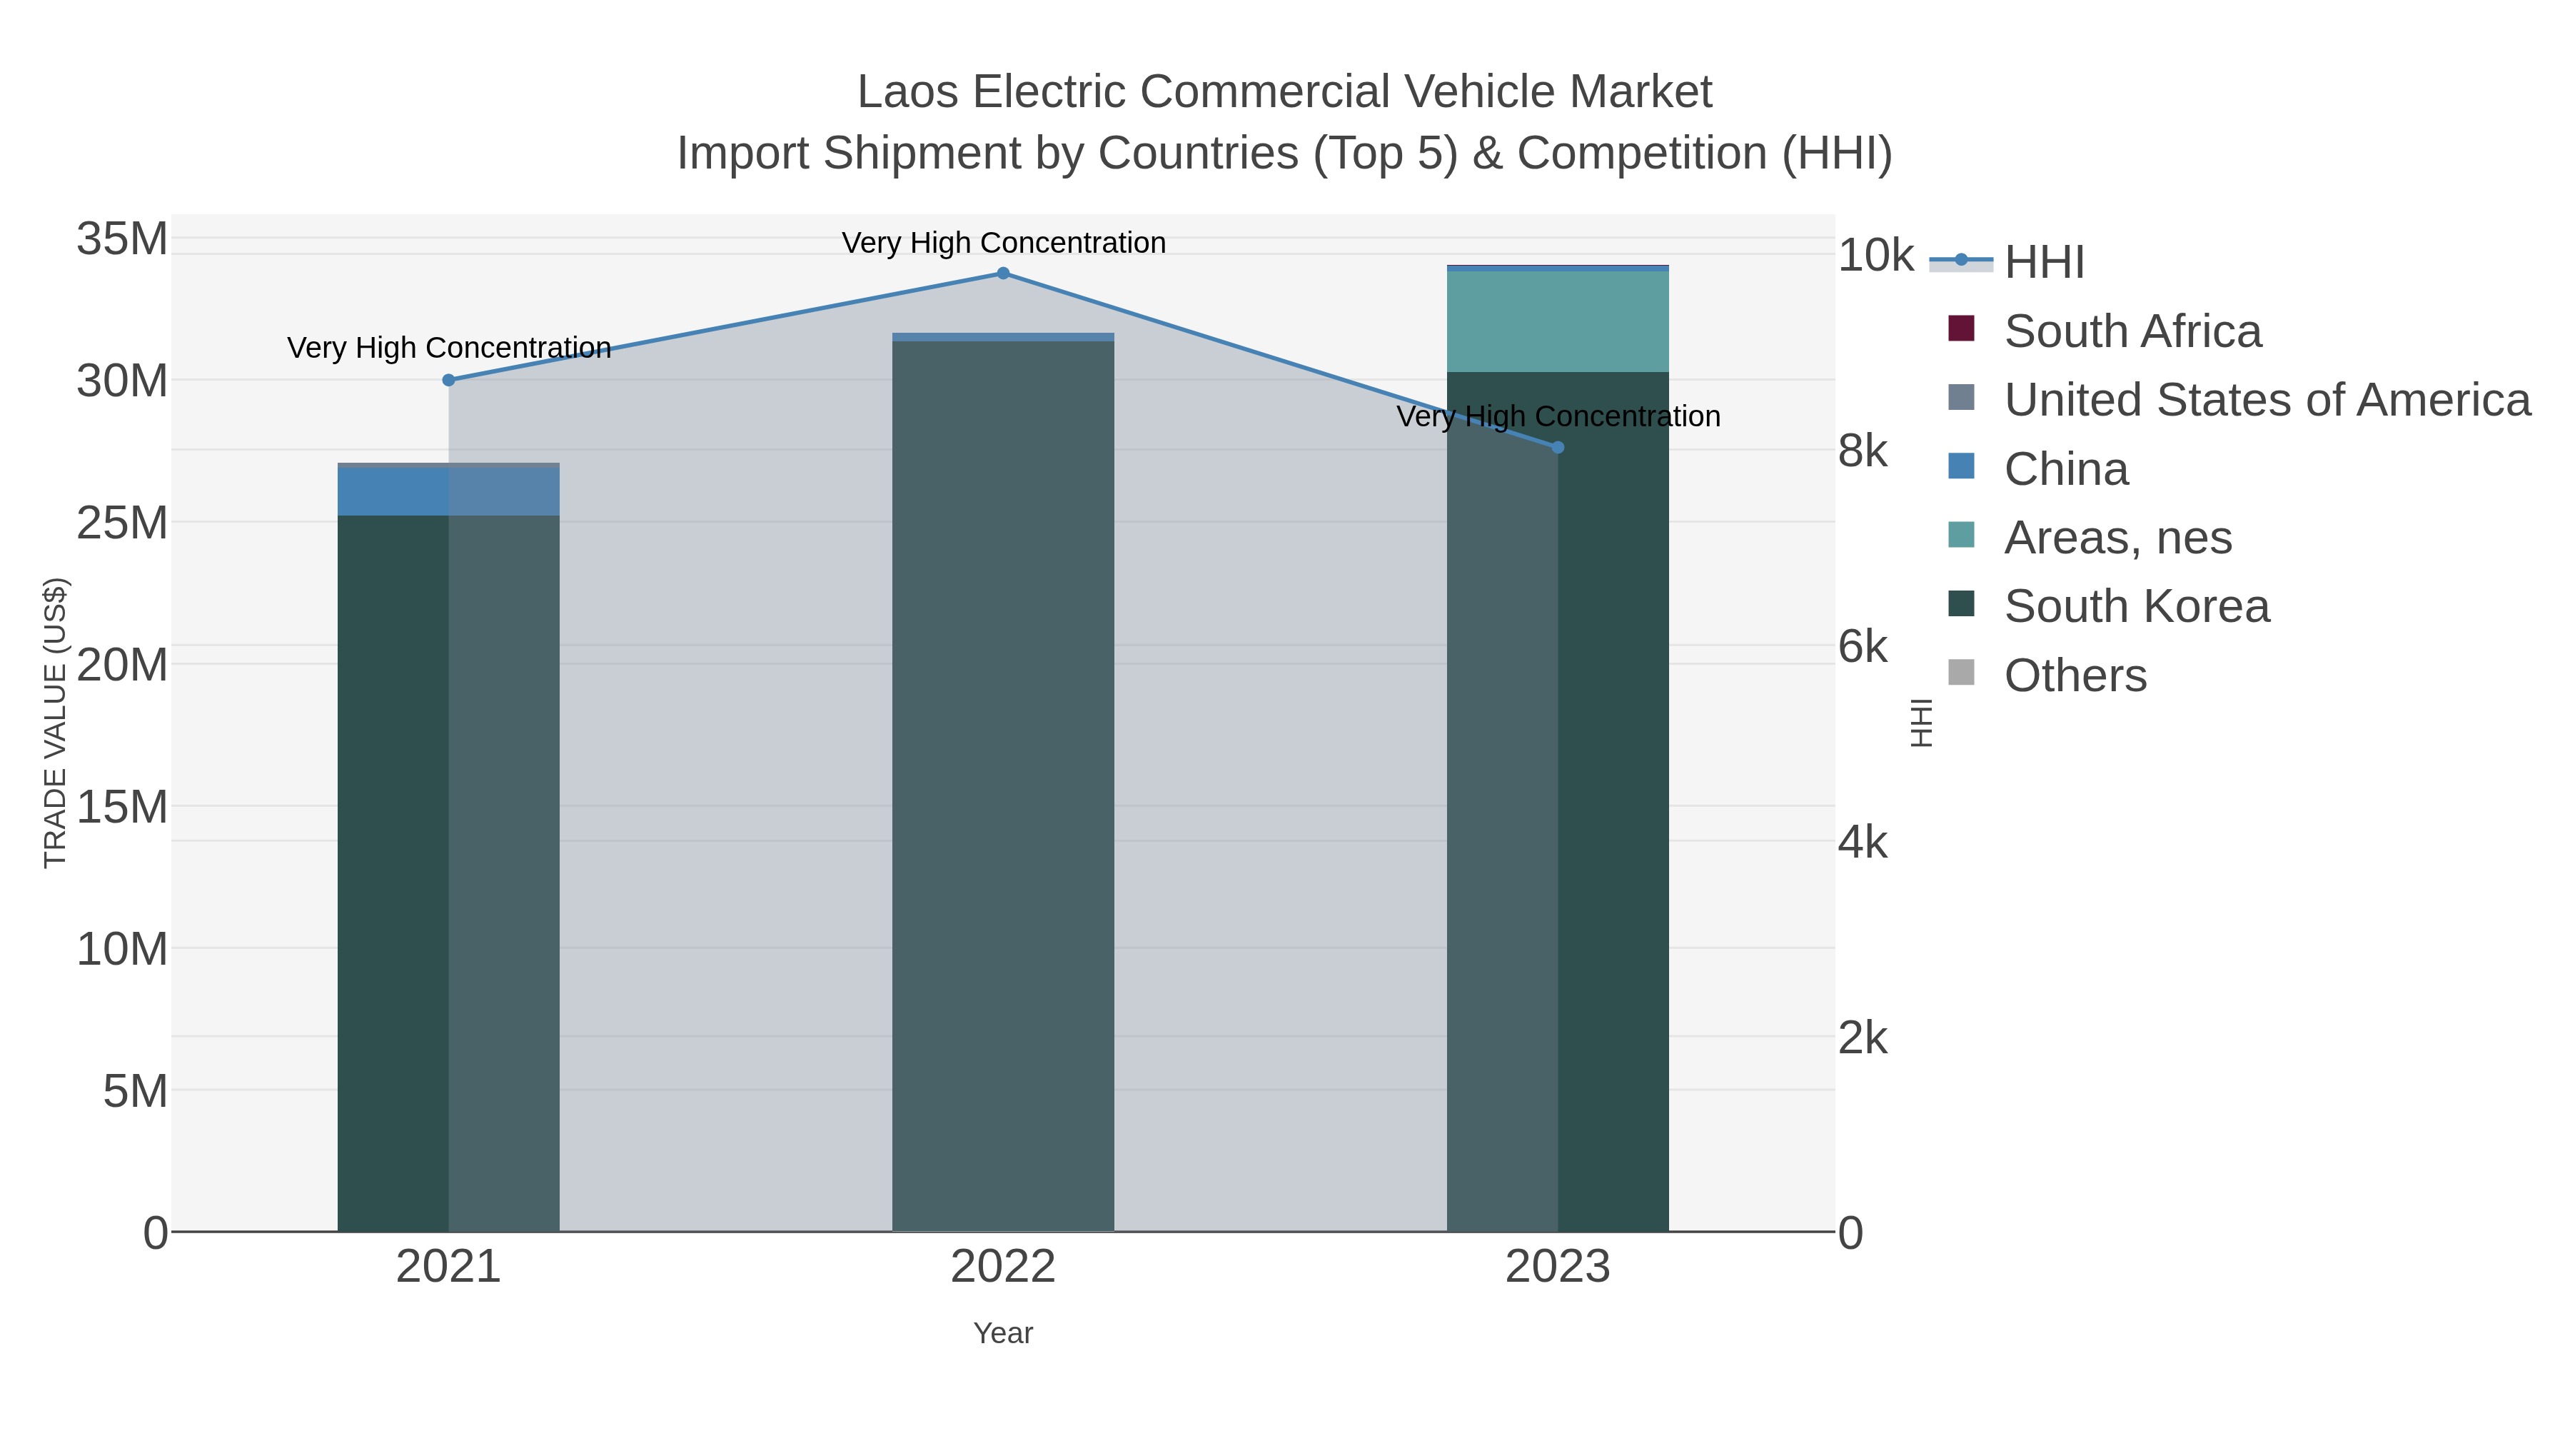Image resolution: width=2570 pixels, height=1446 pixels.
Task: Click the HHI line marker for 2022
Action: pos(1003,273)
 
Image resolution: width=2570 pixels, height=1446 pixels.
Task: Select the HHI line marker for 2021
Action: pos(448,380)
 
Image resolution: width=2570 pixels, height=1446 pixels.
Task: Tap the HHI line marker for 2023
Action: pos(1558,447)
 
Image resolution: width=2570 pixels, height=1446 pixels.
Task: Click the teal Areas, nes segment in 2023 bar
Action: pos(1558,321)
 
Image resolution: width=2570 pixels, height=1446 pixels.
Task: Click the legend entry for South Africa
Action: pos(2131,331)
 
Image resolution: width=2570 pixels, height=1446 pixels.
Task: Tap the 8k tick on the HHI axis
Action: pos(1862,451)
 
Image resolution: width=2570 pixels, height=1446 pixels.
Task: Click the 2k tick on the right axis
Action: pos(1862,1039)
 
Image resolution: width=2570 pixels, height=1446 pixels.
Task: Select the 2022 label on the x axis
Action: pos(1003,1267)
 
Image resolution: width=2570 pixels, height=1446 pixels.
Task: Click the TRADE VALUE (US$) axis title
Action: pos(55,723)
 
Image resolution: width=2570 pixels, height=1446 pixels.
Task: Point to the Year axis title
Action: pos(1003,1333)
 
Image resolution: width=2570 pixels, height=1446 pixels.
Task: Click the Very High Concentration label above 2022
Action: pos(1003,243)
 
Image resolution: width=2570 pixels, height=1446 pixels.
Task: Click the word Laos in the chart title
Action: pos(908,92)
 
